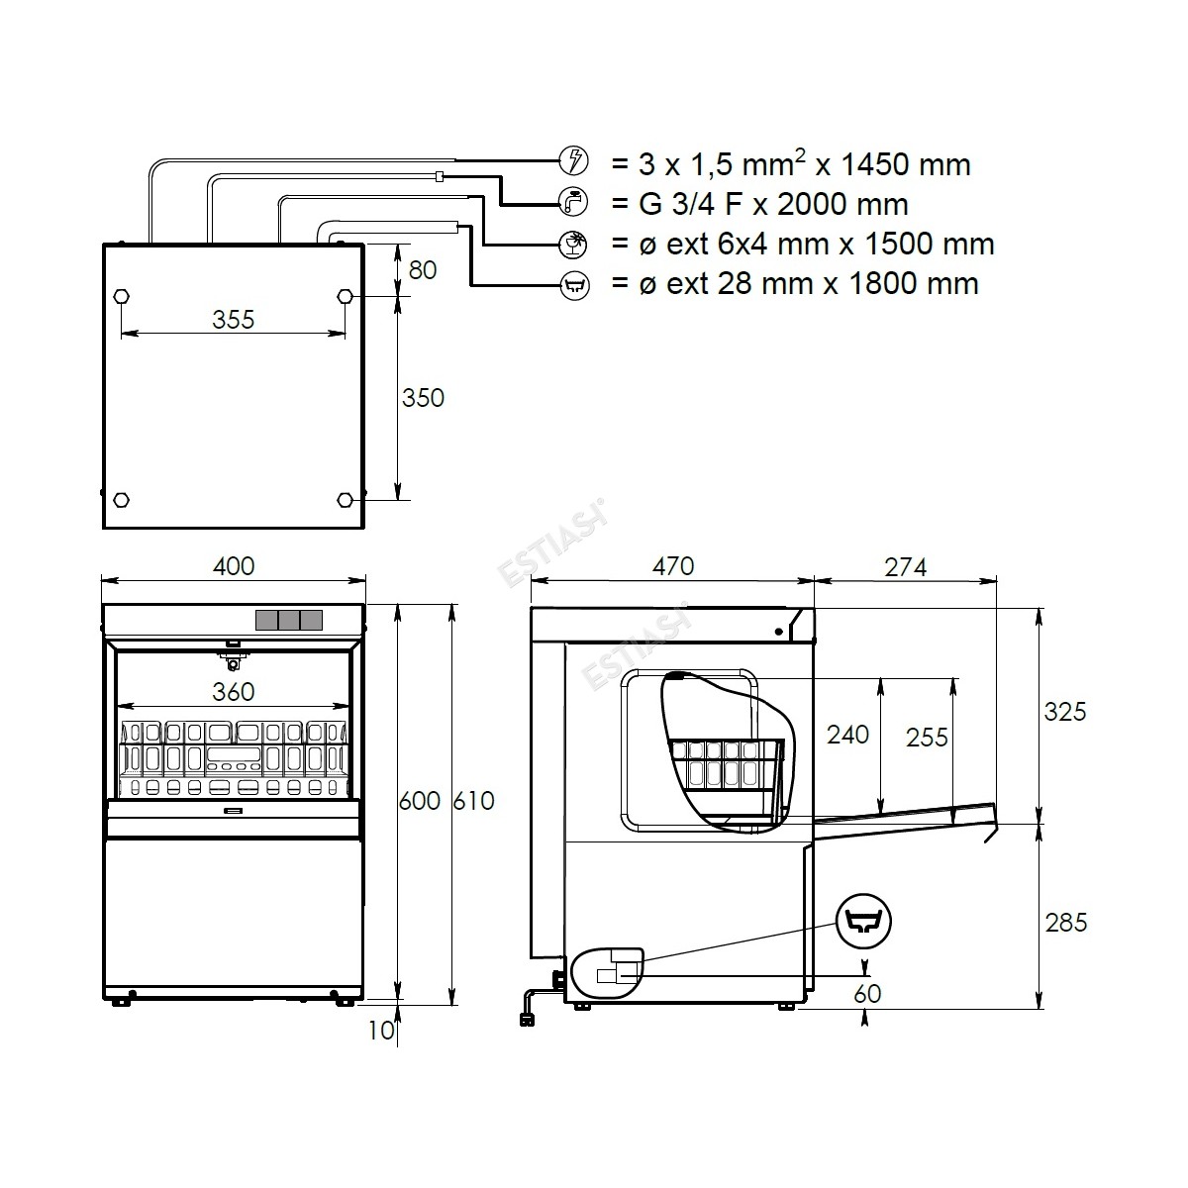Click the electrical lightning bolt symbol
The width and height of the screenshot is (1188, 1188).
point(573,161)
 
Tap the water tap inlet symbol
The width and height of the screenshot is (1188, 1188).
point(573,202)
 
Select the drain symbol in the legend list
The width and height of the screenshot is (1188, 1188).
point(574,286)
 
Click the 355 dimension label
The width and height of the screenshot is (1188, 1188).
point(233,320)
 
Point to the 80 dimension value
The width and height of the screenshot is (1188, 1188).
point(423,270)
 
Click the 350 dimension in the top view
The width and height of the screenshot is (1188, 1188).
point(423,398)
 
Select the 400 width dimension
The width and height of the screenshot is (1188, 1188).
point(234,566)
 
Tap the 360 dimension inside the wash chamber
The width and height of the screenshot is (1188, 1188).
point(233,692)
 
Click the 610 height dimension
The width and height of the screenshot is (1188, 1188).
point(473,801)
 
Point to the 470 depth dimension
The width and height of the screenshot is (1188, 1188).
point(673,566)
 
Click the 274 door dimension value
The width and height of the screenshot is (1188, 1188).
point(906,567)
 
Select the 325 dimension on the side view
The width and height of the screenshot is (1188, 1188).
point(1064,712)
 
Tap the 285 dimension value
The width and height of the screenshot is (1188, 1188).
point(1066,923)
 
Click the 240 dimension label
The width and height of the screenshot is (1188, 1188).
point(847,735)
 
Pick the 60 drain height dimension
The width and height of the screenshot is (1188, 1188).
point(867,993)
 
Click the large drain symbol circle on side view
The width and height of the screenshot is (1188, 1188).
point(863,922)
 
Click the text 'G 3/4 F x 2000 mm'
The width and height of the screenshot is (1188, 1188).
point(773,204)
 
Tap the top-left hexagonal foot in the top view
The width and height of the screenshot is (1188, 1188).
point(122,296)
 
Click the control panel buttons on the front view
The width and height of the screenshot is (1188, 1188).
point(289,620)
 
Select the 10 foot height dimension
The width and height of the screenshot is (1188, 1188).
point(381,1031)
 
